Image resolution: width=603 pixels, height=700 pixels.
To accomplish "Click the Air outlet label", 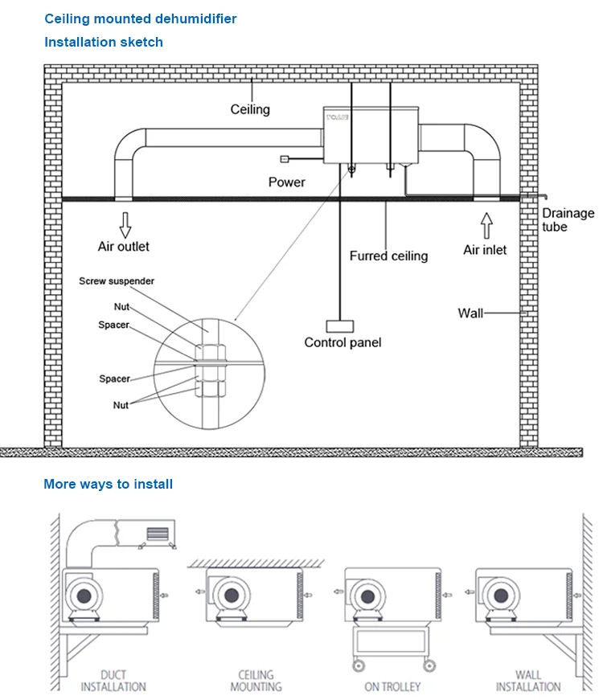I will [x=124, y=247].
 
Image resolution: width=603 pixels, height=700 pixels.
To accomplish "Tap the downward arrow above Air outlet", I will [x=125, y=220].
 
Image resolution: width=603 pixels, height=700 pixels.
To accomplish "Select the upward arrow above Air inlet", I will [x=486, y=221].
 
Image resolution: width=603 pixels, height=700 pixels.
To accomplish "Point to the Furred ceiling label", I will [x=388, y=256].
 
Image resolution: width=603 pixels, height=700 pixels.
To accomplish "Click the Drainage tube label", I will [x=568, y=220].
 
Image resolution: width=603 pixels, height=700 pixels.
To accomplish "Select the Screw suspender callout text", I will [x=117, y=281].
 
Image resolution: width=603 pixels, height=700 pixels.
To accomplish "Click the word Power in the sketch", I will [x=287, y=182].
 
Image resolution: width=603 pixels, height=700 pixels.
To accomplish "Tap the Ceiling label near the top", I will [x=250, y=109].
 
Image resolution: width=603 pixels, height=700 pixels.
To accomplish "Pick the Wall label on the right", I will [x=470, y=313].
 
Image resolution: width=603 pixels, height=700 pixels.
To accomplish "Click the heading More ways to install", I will [x=108, y=484].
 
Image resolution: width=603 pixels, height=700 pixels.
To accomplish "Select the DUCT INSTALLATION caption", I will [x=114, y=681].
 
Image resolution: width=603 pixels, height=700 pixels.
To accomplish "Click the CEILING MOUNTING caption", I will [x=256, y=681].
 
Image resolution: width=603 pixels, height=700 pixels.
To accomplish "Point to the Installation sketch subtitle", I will [x=103, y=42].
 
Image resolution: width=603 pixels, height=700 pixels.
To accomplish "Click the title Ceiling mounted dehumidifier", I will [x=141, y=18].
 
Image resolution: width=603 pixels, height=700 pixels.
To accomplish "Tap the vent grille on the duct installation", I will [x=157, y=533].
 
